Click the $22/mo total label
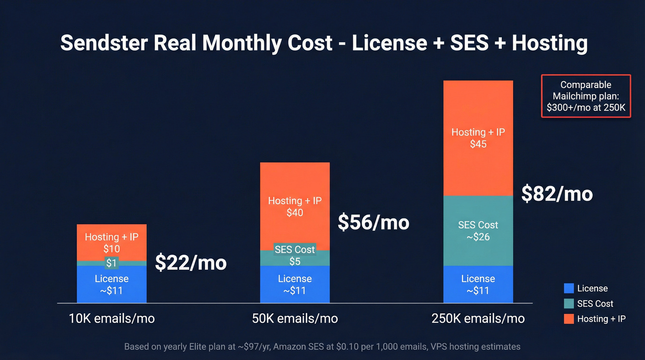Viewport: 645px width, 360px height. click(x=191, y=263)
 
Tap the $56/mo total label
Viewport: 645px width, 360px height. click(x=374, y=223)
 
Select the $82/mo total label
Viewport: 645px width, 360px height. click(x=557, y=194)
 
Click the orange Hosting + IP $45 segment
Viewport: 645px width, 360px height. click(x=478, y=138)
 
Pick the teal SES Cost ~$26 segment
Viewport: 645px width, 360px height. click(x=478, y=231)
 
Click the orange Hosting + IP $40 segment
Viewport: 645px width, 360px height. click(x=295, y=207)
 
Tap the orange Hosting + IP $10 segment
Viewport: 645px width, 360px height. click(x=111, y=242)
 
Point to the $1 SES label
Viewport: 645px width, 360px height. click(x=111, y=263)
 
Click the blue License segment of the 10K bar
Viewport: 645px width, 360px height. click(x=111, y=284)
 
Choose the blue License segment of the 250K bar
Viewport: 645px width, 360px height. click(x=478, y=284)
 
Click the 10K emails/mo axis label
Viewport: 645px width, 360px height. click(x=111, y=319)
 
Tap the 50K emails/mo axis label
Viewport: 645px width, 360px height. click(x=295, y=319)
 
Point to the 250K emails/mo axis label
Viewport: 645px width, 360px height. click(x=478, y=319)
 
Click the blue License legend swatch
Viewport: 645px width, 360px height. click(x=569, y=289)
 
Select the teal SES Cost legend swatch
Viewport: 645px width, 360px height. click(x=569, y=304)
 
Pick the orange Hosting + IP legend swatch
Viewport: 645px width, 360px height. click(x=569, y=319)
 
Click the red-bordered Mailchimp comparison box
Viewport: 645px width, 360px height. click(x=586, y=96)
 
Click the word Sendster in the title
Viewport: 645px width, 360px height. click(x=104, y=43)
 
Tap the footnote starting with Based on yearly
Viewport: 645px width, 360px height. click(x=322, y=347)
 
